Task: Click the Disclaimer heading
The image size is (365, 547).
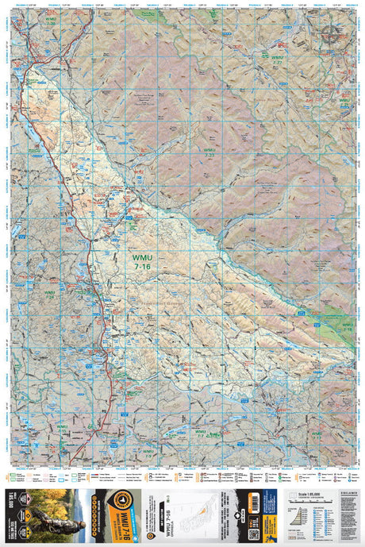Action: [x=342, y=493]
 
